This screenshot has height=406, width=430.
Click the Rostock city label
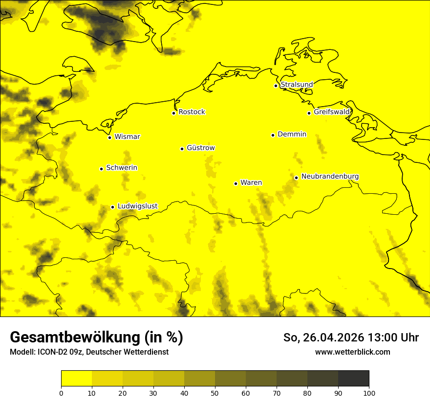click(x=192, y=112)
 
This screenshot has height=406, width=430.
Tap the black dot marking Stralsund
click(x=276, y=86)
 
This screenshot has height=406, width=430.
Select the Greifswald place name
click(x=332, y=112)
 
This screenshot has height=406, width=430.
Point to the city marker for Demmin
click(x=273, y=135)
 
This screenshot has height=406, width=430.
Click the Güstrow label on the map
click(x=200, y=148)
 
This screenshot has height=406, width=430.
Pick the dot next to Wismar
click(x=109, y=137)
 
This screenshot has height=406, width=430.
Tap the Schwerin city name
click(x=122, y=168)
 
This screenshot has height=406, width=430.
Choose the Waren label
click(x=251, y=182)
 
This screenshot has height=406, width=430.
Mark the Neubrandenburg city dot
click(x=296, y=178)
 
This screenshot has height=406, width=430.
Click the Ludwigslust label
click(x=137, y=206)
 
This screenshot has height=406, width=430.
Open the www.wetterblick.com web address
click(x=352, y=352)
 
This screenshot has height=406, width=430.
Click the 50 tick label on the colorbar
click(x=215, y=393)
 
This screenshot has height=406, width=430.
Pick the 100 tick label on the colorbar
click(x=369, y=393)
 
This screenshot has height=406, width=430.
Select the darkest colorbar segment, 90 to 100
click(x=353, y=378)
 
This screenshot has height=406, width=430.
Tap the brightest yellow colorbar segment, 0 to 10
click(x=77, y=378)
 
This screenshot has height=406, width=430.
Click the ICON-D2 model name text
click(x=49, y=352)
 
